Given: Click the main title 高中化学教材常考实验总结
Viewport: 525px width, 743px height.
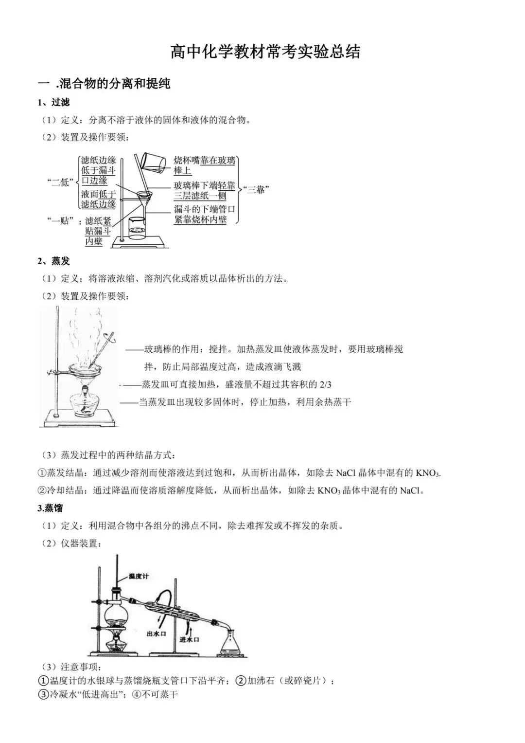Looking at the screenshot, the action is [x=265, y=52].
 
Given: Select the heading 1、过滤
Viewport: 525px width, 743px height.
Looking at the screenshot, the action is [x=53, y=102].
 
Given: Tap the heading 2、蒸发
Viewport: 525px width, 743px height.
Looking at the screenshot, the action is [x=53, y=261].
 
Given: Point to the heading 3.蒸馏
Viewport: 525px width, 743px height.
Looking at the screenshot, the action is [x=50, y=508].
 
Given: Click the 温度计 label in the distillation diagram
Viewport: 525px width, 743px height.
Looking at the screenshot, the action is [x=139, y=577].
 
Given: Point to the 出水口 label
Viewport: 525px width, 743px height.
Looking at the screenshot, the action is [x=156, y=634].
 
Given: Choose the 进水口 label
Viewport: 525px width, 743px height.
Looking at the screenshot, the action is [x=189, y=639].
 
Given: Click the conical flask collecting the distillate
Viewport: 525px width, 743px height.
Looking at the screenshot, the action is [x=231, y=641].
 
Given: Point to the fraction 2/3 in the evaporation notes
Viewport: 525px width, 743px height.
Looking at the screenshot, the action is [x=325, y=384].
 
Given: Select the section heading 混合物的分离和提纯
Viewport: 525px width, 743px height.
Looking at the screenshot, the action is [x=114, y=84].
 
